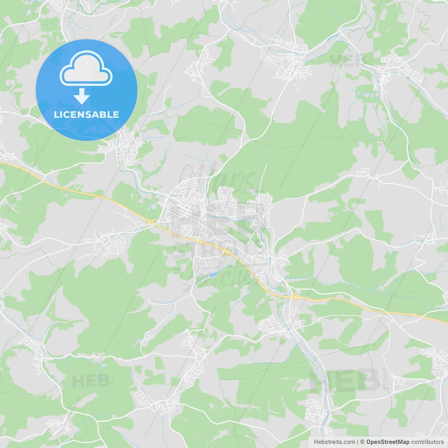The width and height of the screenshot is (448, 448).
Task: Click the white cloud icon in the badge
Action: click(86, 68)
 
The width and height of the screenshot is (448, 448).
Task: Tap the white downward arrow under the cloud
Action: click(82, 96)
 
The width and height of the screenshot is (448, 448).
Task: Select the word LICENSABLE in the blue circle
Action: click(86, 114)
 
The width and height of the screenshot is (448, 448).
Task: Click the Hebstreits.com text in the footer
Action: click(334, 442)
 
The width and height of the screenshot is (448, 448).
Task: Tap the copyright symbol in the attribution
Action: click(363, 442)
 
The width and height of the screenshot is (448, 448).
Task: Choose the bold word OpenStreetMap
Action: click(387, 442)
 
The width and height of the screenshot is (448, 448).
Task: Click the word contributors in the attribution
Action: click(427, 442)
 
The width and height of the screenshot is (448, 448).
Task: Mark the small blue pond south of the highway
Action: click(212, 275)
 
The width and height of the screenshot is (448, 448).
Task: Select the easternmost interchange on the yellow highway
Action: click(295, 297)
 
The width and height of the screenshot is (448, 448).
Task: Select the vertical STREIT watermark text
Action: click(386, 378)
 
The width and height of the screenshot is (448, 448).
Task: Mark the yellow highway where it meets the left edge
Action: click(1, 162)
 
